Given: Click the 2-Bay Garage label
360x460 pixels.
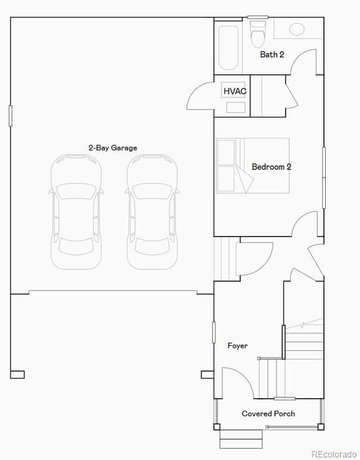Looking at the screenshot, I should point(112,148).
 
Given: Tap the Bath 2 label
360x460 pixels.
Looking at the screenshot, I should point(272,54).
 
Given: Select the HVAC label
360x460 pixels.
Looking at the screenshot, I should point(235,91).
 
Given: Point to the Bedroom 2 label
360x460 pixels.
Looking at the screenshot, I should point(271,167).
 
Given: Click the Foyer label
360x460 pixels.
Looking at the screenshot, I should point(237,345).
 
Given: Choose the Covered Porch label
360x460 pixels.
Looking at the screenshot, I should point(268,414).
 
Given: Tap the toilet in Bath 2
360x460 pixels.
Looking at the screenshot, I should point(258,34).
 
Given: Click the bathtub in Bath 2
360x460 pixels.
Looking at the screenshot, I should point(228,47).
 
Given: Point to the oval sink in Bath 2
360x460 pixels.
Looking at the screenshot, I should point(297,29).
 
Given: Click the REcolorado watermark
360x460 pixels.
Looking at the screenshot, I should point(334,454).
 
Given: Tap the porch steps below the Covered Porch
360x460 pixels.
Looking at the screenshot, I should point(241,439).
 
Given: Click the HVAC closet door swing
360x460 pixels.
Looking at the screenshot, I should point(200,97).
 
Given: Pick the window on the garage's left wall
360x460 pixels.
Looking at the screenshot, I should point(10,115).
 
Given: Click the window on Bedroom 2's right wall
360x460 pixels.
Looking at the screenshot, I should point(323,177).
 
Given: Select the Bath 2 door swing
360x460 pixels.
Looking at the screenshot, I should point(304,63).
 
